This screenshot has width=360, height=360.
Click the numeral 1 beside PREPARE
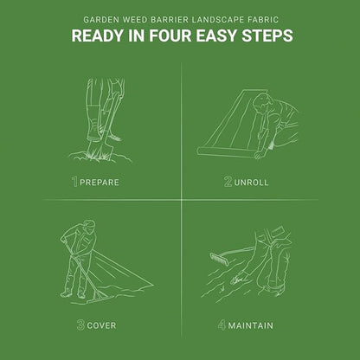pyautogui.click(x=75, y=182)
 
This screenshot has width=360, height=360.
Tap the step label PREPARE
pyautogui.click(x=100, y=183)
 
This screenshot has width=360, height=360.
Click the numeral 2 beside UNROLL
pyautogui.click(x=228, y=182)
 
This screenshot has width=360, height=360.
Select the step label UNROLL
pyautogui.click(x=251, y=183)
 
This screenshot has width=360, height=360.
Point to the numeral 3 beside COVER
pyautogui.click(x=80, y=325)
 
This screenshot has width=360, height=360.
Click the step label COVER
pyautogui.click(x=101, y=325)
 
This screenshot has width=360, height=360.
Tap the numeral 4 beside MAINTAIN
pyautogui.click(x=222, y=325)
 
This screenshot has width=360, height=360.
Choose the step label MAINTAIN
pyautogui.click(x=250, y=325)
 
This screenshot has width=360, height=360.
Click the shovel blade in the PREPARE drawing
pyautogui.click(x=99, y=150)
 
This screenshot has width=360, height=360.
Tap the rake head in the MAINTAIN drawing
pyautogui.click(x=219, y=259)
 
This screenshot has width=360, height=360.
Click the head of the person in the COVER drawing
pyautogui.click(x=89, y=226)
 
